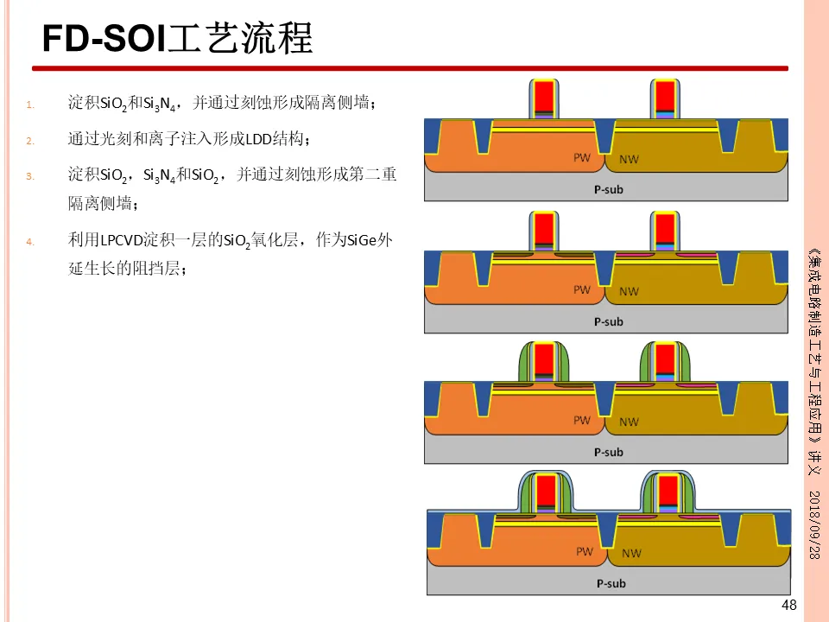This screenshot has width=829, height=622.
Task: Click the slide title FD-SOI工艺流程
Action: [x=178, y=39]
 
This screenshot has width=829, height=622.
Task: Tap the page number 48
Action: [x=788, y=605]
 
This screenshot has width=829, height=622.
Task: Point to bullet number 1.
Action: [x=29, y=105]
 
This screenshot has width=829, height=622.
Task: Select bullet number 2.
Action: [x=29, y=141]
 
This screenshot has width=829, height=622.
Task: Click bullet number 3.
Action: [x=29, y=176]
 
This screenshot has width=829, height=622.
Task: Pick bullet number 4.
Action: [x=29, y=242]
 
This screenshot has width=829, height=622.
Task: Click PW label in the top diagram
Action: [x=583, y=158]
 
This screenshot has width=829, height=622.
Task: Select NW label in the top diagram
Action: [x=630, y=160]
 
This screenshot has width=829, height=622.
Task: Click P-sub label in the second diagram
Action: [x=608, y=321]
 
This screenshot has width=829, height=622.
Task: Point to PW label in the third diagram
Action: [x=583, y=420]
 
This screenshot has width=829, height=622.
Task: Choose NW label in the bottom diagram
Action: [x=631, y=553]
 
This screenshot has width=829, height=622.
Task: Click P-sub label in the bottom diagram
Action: [x=611, y=583]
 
